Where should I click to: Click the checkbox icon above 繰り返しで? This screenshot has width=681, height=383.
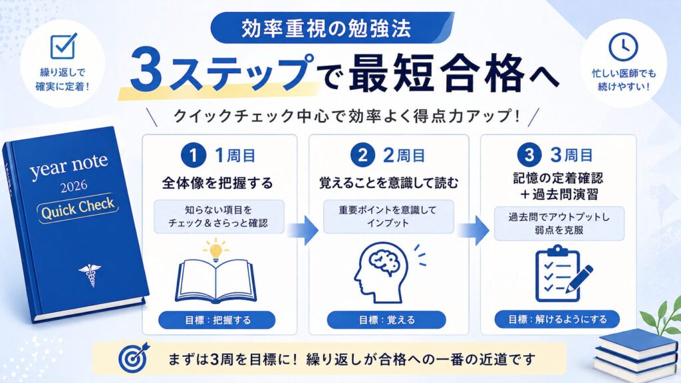(x=63, y=46)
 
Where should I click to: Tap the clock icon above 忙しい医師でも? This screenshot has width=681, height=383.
(x=622, y=47)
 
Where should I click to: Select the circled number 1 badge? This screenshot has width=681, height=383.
(x=194, y=155)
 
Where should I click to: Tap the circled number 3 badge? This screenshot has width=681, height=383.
(x=529, y=154)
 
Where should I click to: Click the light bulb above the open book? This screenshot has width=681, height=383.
(x=215, y=250)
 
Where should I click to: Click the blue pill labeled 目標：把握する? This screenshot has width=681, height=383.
(x=217, y=320)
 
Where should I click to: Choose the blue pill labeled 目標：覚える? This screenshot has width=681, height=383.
(x=386, y=320)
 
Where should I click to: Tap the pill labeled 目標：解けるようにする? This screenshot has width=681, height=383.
(x=557, y=319)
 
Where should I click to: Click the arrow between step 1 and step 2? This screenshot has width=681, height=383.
(x=303, y=230)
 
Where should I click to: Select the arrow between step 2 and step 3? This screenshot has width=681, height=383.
(x=474, y=230)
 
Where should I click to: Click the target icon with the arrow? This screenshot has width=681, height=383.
(x=134, y=357)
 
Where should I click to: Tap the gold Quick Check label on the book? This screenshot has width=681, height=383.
(x=78, y=208)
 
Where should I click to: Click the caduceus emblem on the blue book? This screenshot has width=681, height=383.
(x=90, y=275)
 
